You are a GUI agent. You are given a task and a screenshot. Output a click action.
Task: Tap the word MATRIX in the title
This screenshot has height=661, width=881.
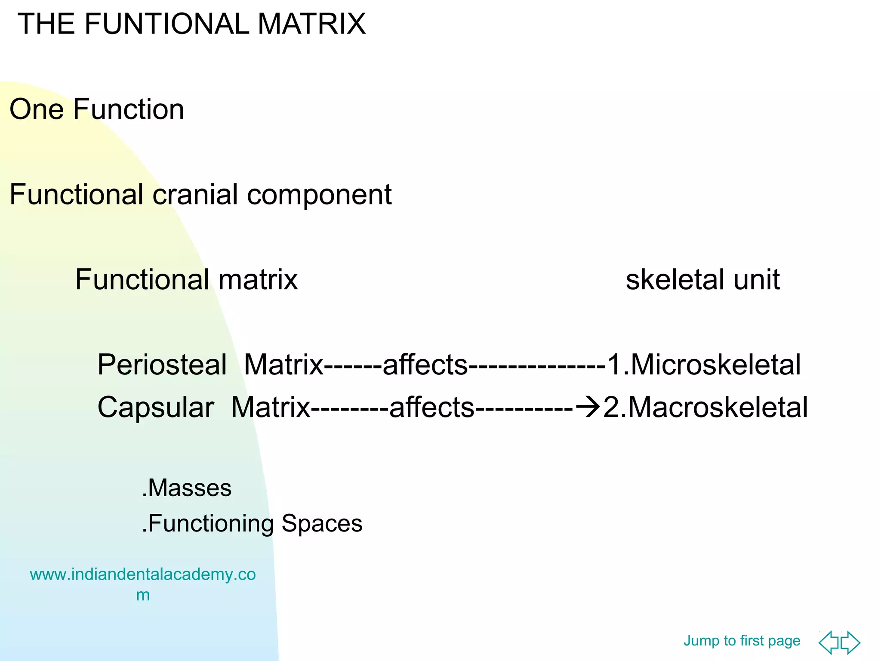click(x=311, y=24)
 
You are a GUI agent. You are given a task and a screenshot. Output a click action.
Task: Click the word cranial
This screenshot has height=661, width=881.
click(x=195, y=194)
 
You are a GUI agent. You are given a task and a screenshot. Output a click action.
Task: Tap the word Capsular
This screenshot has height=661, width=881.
click(x=155, y=408)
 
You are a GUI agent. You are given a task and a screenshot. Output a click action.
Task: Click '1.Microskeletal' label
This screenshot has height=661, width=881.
click(x=704, y=365)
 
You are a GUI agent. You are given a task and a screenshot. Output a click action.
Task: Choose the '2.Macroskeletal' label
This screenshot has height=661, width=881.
click(x=705, y=408)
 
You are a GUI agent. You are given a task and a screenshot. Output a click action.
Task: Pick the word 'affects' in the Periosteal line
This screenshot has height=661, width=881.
click(x=425, y=365)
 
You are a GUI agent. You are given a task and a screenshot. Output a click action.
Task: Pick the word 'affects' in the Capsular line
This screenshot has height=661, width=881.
click(x=431, y=408)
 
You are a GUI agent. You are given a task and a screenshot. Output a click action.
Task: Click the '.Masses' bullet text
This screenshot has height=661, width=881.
click(x=187, y=488)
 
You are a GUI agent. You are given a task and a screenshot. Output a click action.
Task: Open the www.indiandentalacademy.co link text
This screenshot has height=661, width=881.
click(x=142, y=575)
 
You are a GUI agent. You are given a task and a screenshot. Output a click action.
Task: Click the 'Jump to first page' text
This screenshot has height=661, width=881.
click(x=742, y=640)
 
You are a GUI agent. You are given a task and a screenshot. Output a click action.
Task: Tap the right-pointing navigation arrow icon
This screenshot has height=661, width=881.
click(x=851, y=642)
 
